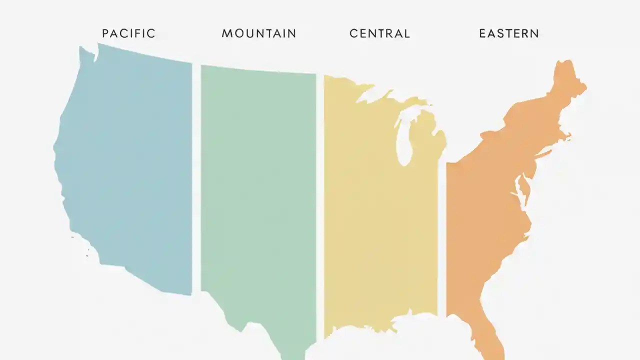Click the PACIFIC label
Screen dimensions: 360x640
tap(129, 34)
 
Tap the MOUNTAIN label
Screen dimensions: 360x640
tap(259, 34)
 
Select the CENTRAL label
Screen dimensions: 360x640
tap(379, 34)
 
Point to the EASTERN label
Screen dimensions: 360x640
tap(509, 34)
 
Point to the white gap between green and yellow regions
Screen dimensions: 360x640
tap(320, 200)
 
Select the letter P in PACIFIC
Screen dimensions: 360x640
tap(105, 34)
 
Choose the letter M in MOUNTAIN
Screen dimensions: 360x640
tap(226, 34)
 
